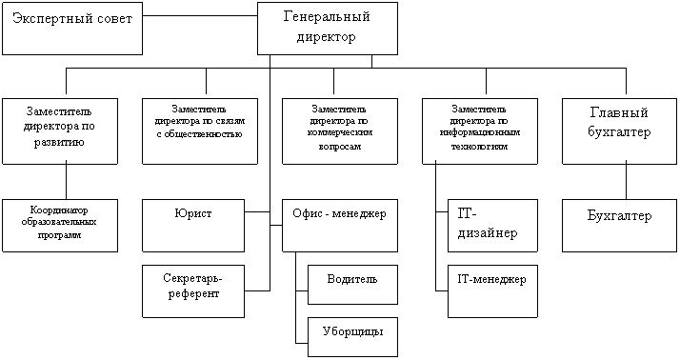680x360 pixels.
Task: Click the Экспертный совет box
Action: coord(72,29)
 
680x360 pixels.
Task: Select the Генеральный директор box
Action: coord(328,29)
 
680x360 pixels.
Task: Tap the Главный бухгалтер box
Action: coord(619,131)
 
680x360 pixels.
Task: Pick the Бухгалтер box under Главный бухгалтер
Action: coord(619,226)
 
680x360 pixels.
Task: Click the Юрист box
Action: coord(193,226)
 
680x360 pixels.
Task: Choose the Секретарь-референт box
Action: coord(193,291)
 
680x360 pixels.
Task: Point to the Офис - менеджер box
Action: coord(340,226)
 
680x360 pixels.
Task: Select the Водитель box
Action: coord(352,285)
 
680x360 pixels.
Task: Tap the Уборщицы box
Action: coord(352,337)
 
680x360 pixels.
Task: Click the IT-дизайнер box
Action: coord(492,226)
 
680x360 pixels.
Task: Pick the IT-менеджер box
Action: coord(492,291)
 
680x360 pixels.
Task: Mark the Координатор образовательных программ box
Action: coord(60,226)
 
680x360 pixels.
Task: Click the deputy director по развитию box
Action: coord(60,131)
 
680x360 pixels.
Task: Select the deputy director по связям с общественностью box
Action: coord(200,131)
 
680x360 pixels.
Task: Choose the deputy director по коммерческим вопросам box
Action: coord(340,131)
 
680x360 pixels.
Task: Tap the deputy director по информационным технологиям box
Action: coord(480,131)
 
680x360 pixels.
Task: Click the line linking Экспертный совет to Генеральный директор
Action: coord(200,16)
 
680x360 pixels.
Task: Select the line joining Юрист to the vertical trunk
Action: coord(257,212)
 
